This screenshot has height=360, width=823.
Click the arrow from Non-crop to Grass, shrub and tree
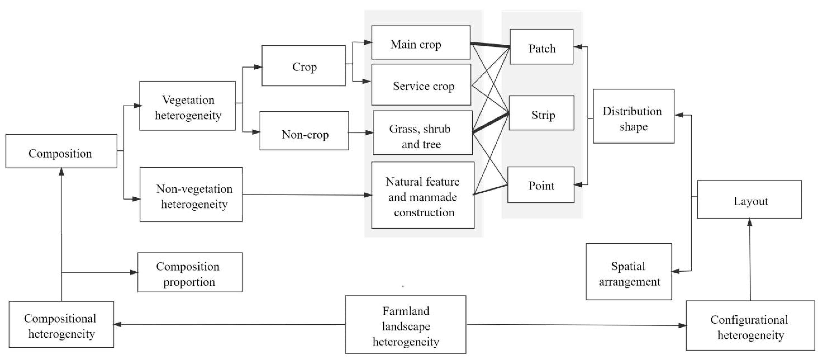tap(360, 132)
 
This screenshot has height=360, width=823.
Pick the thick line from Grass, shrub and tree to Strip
tap(490, 123)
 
